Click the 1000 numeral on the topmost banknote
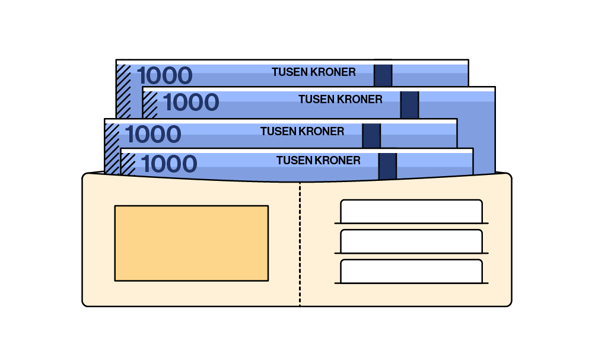point(164,76)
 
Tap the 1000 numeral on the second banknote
point(190,103)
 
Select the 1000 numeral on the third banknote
point(153,135)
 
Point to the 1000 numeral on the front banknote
point(169,164)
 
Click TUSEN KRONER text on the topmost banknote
point(313,72)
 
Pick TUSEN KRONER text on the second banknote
point(340,99)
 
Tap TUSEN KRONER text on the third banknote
point(302,131)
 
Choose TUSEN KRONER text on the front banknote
point(318,160)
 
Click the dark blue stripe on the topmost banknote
point(383,75)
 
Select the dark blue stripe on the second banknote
point(409,104)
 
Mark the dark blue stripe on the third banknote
point(371,136)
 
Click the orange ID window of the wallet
point(191,243)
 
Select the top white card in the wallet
point(411,211)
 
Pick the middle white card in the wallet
point(411,241)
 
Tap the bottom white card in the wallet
point(411,271)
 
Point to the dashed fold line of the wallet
point(300,243)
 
